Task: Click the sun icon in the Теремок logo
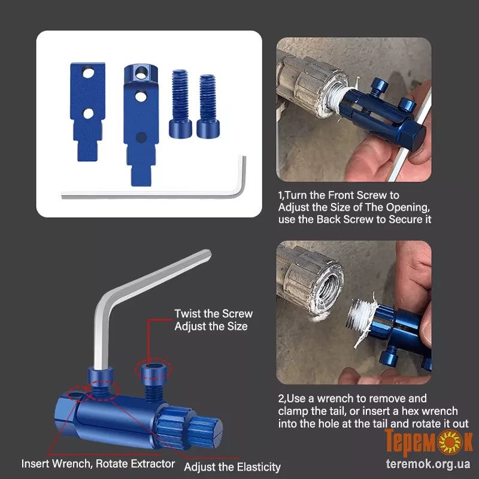coord(450,441)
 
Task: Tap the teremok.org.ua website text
coord(428,464)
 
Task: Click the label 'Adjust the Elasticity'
coord(232,467)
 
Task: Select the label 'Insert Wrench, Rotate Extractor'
coord(98,463)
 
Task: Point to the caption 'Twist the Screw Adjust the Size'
coord(213,320)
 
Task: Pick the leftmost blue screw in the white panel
coord(180,103)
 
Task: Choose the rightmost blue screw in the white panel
coord(208,106)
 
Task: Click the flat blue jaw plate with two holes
coord(87,111)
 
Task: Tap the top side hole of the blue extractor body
coord(141,72)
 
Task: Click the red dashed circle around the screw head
coord(154,370)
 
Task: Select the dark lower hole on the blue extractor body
coord(141,138)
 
